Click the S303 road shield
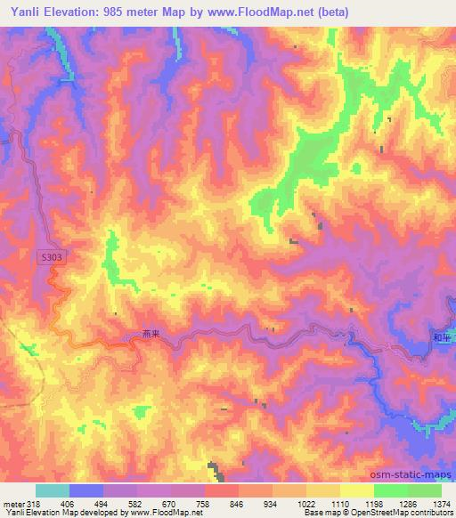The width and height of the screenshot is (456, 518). (x=53, y=256)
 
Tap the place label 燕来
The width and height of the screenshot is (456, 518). (x=151, y=335)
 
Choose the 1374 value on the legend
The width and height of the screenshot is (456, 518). (x=443, y=504)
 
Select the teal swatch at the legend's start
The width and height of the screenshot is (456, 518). (x=53, y=490)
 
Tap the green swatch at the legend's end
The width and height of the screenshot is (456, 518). (x=426, y=490)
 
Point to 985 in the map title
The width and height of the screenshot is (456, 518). (x=114, y=12)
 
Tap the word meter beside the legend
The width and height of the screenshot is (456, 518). (x=13, y=504)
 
